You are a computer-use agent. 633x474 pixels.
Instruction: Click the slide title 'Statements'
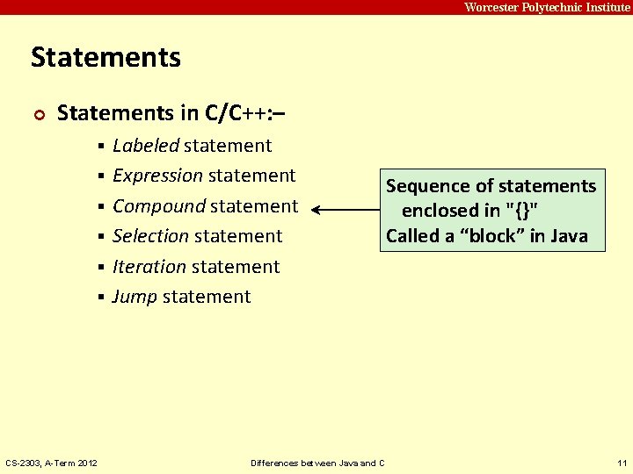(x=105, y=58)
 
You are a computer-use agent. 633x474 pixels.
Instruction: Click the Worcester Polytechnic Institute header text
(x=546, y=7)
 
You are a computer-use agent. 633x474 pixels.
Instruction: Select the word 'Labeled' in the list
(x=146, y=146)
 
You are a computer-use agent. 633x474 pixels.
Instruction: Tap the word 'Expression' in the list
(x=157, y=176)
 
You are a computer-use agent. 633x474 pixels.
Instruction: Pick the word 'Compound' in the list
(x=158, y=206)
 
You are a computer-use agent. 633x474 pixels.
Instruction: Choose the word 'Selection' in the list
(x=150, y=236)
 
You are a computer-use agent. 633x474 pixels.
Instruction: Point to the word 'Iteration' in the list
(x=149, y=267)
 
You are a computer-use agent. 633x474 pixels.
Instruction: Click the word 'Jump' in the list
(x=135, y=297)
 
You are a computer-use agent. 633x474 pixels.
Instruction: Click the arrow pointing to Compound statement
(x=345, y=211)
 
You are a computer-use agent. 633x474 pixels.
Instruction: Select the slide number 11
(x=622, y=463)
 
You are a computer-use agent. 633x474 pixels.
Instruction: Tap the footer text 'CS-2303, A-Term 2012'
(x=52, y=463)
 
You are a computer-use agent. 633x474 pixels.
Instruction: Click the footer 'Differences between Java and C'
(x=317, y=463)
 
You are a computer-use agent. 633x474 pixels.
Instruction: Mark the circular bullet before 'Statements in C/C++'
(x=37, y=114)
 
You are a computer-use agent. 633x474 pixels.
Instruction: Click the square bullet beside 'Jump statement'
(x=102, y=298)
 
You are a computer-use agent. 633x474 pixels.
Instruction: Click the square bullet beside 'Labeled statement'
(x=102, y=147)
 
